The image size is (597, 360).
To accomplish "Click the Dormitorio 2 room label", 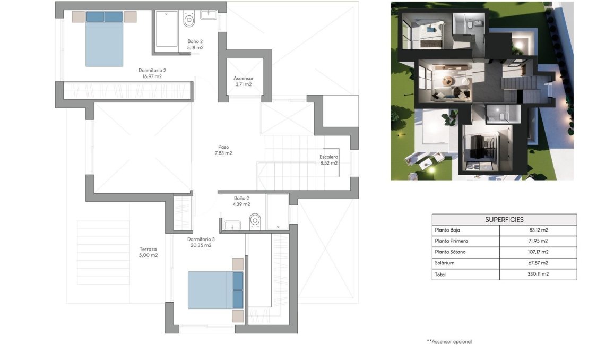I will (152, 73).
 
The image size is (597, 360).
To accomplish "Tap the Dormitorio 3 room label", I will (201, 242).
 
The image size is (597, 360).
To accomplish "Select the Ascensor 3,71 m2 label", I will (243, 81).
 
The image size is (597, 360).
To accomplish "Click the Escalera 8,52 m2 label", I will (328, 160).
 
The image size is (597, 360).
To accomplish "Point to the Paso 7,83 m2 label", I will (223, 150).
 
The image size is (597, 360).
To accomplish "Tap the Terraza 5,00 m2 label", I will (149, 252).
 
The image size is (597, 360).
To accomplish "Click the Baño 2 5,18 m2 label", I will (195, 44).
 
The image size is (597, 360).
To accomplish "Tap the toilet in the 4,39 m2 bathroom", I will (255, 220).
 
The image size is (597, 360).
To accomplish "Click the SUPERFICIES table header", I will (504, 219).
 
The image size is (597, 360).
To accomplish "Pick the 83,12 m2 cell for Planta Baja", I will (538, 230).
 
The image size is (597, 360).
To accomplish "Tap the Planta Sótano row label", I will (452, 252).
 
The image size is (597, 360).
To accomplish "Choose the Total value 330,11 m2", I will (537, 275).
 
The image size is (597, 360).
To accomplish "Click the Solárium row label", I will (445, 263).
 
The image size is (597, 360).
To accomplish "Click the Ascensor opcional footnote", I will (449, 341).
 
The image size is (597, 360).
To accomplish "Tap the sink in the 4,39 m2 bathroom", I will (232, 226).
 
